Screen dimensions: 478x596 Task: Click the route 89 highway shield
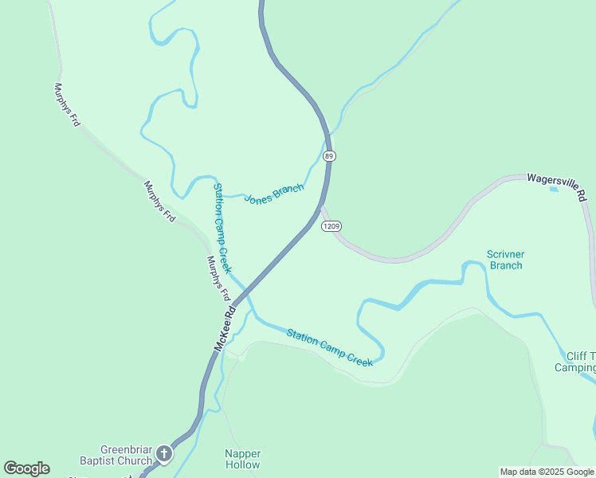pyautogui.click(x=329, y=156)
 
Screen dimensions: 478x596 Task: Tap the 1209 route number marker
pyautogui.click(x=332, y=226)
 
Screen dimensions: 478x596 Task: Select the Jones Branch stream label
pyautogui.click(x=274, y=194)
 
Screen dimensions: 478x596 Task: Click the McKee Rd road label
pyautogui.click(x=225, y=327)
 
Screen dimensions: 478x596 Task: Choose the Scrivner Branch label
pyautogui.click(x=505, y=260)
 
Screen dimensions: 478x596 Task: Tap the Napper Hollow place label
pyautogui.click(x=242, y=459)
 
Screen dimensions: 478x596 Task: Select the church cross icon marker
pyautogui.click(x=164, y=454)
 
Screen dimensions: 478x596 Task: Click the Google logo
pyautogui.click(x=26, y=468)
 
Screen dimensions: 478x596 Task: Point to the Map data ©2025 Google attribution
pyautogui.click(x=547, y=472)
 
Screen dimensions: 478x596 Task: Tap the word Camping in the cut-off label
pyautogui.click(x=575, y=367)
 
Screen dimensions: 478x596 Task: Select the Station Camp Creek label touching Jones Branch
pyautogui.click(x=222, y=227)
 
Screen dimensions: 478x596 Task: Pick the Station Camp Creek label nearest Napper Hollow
pyautogui.click(x=329, y=347)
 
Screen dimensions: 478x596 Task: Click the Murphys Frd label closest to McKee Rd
pyautogui.click(x=218, y=277)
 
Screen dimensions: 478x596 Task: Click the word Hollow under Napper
pyautogui.click(x=242, y=464)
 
